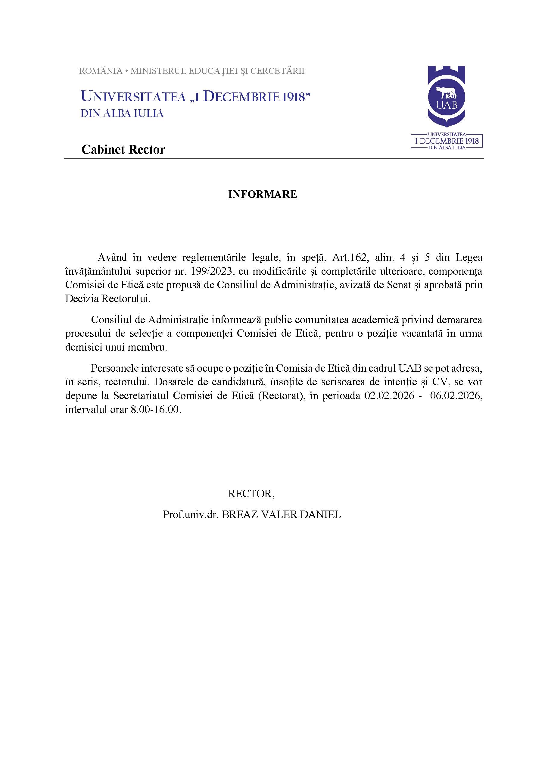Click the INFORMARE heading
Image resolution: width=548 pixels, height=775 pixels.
click(x=263, y=194)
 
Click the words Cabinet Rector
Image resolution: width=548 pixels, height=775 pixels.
click(x=123, y=149)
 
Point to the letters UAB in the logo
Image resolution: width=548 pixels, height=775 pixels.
click(x=447, y=105)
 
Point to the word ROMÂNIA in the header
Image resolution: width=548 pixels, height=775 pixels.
click(x=101, y=71)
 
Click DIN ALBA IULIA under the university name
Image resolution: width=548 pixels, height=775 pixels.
click(x=122, y=114)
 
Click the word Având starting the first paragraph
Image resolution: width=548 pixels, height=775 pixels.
click(x=112, y=257)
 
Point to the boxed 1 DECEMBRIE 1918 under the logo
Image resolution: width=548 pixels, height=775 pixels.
click(x=447, y=141)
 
